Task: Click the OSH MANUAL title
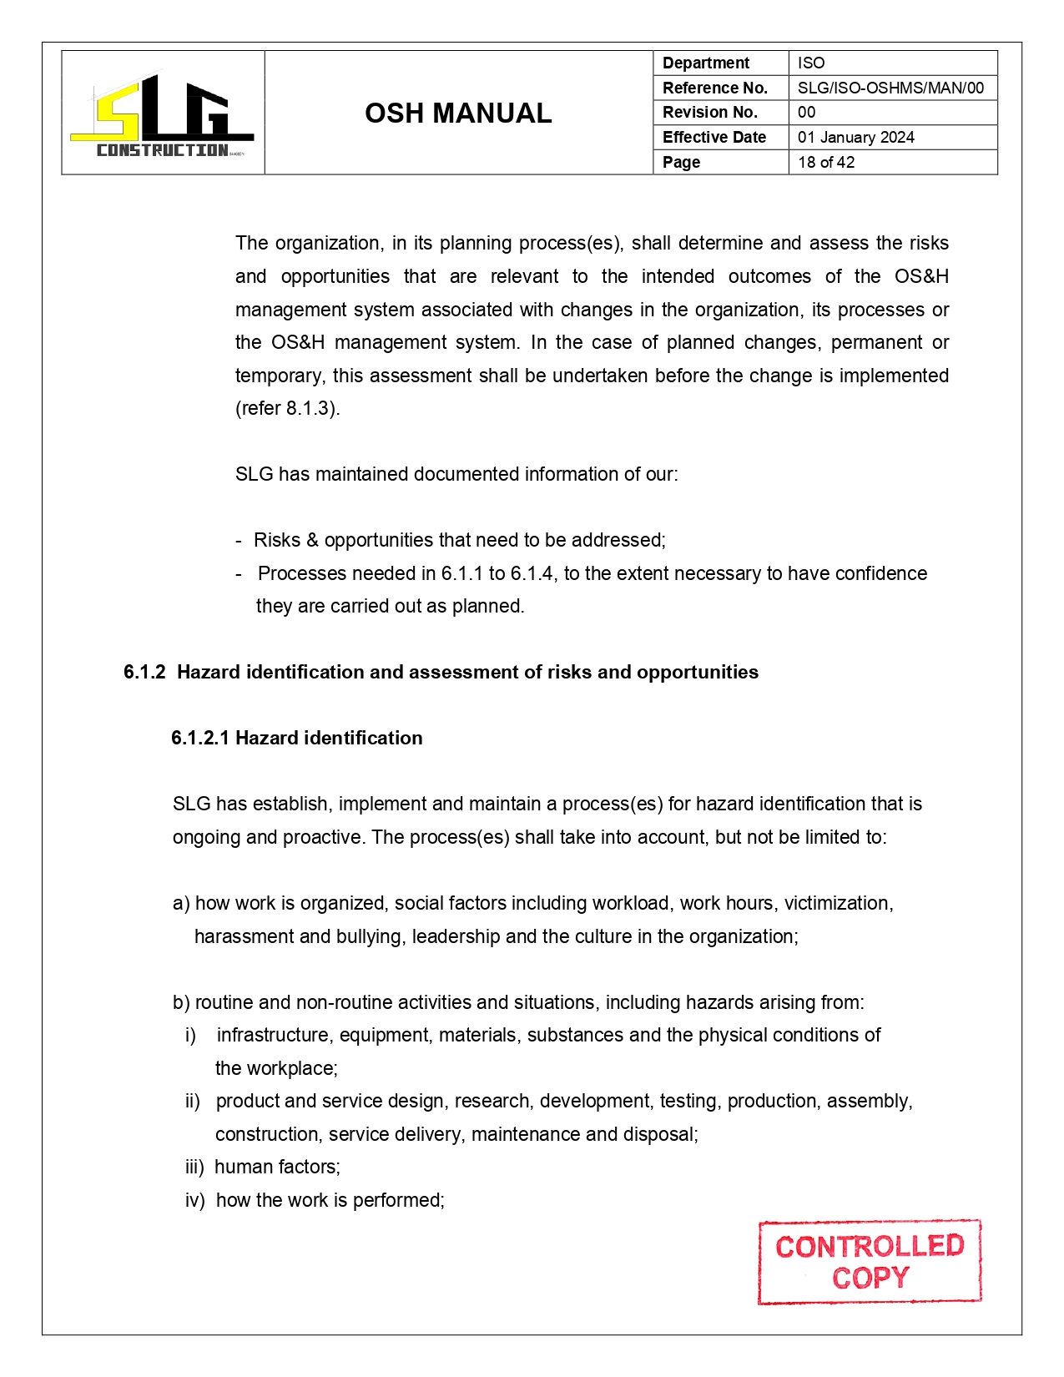458,113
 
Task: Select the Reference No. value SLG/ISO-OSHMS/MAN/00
890,88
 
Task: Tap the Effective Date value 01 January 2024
855,137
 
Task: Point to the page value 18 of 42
825,162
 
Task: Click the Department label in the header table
705,63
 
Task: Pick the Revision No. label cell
709,112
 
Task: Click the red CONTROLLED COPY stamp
869,1262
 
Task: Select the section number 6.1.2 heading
144,673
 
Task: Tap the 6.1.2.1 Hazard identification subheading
296,738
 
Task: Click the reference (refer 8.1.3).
287,409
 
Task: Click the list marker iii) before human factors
194,1168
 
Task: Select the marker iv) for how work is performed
194,1201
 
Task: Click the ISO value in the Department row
810,63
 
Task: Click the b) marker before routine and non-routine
180,1003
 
